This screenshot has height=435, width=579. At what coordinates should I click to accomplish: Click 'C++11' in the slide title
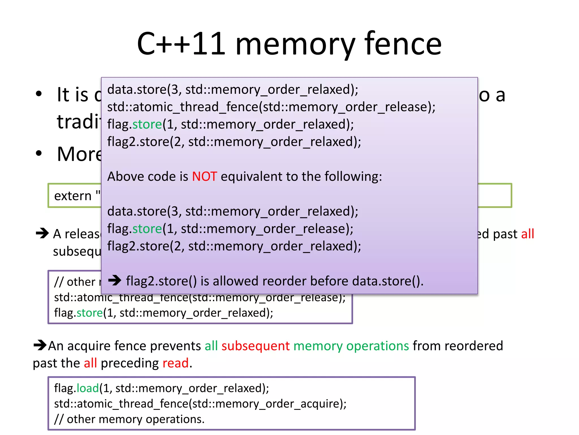pyautogui.click(x=181, y=44)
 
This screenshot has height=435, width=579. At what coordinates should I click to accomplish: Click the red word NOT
pyautogui.click(x=204, y=176)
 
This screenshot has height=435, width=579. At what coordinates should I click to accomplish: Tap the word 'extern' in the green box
pyautogui.click(x=73, y=196)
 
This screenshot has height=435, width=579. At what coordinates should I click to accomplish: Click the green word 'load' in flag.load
pyautogui.click(x=88, y=388)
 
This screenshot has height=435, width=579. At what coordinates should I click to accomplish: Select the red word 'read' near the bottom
pyautogui.click(x=176, y=363)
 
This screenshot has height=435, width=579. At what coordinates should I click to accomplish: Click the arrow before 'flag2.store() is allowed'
pyautogui.click(x=114, y=281)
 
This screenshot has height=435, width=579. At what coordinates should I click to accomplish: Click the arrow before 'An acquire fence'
pyautogui.click(x=40, y=345)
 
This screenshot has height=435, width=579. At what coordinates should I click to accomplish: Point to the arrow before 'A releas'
pyautogui.click(x=42, y=233)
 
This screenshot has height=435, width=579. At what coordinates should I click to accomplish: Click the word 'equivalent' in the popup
pyautogui.click(x=251, y=176)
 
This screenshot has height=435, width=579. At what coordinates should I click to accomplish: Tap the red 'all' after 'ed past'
pyautogui.click(x=528, y=234)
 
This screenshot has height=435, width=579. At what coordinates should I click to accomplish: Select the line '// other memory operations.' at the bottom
pyautogui.click(x=129, y=419)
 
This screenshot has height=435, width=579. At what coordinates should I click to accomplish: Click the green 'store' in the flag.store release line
pyautogui.click(x=147, y=229)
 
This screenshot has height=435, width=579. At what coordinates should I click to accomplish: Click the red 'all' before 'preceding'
pyautogui.click(x=90, y=363)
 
